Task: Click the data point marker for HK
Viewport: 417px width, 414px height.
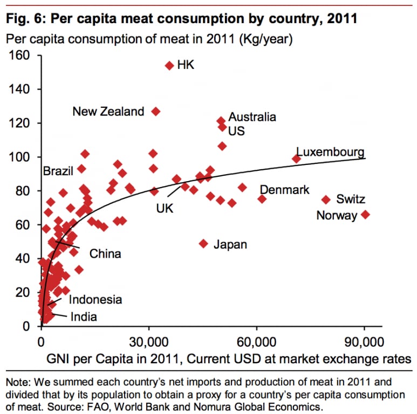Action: tap(169, 65)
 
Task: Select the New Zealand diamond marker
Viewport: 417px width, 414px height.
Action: tap(156, 111)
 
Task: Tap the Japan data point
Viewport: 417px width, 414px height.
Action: tap(203, 244)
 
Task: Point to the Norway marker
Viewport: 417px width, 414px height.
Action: tap(365, 215)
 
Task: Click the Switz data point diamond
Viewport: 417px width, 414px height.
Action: tap(326, 199)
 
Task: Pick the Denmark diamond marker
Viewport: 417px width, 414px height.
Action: tap(262, 199)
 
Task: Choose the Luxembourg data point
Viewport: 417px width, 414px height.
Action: tap(296, 158)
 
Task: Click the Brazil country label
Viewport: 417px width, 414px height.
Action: tap(58, 171)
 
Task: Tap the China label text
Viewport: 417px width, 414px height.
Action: tap(105, 253)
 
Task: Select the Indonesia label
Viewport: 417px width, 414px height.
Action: tap(95, 300)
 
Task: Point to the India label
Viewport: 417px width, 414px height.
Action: tap(84, 316)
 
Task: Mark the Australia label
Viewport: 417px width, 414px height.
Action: tap(252, 117)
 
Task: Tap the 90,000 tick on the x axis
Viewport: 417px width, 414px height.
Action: tap(364, 342)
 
